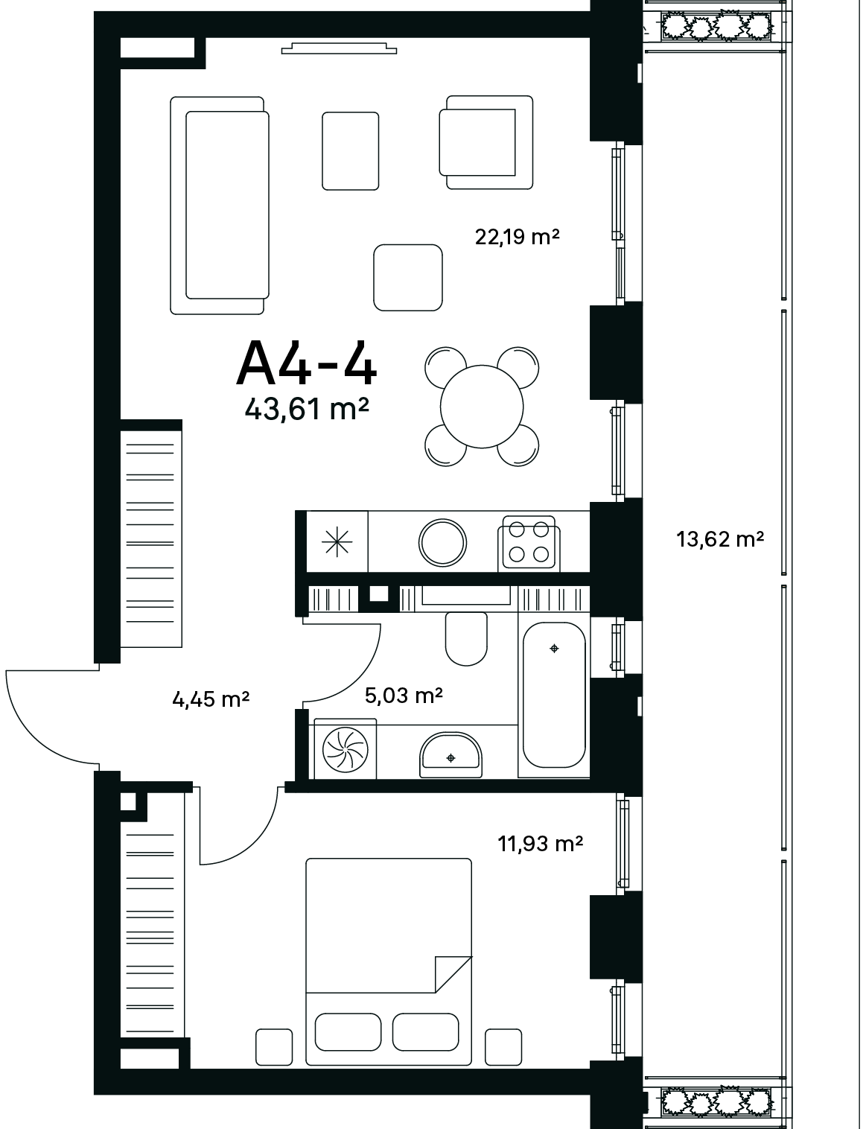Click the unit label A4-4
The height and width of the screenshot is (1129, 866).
click(307, 363)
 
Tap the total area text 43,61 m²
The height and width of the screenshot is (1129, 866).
click(307, 410)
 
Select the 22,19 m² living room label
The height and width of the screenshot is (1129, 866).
click(517, 237)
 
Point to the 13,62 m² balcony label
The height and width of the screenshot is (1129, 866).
click(720, 539)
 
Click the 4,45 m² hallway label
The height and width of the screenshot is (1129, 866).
click(211, 699)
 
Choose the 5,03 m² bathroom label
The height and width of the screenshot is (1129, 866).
click(404, 695)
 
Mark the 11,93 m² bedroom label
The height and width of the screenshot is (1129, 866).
click(541, 843)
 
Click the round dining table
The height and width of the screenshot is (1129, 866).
click(482, 407)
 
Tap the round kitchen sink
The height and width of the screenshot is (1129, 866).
click(442, 543)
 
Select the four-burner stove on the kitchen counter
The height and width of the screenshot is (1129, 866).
click(529, 544)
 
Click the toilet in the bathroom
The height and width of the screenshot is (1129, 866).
click(466, 639)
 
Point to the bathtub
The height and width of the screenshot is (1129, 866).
click(554, 695)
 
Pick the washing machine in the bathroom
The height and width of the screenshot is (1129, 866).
click(346, 748)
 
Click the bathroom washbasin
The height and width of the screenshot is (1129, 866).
click(450, 754)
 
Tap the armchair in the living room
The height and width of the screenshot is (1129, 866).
click(486, 142)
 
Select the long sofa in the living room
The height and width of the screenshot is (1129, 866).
click(220, 206)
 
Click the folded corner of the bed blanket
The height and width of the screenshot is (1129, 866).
click(453, 974)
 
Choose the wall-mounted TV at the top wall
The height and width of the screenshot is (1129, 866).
click(339, 48)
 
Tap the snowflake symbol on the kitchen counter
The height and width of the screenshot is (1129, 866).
click(337, 542)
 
